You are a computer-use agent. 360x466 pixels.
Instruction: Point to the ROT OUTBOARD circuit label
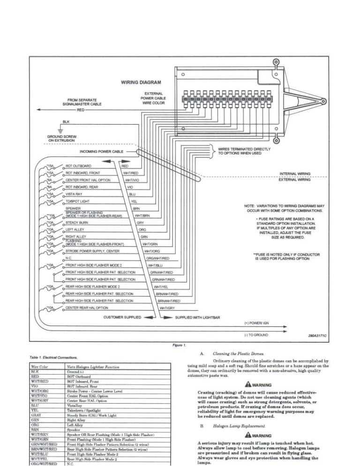coord(78,166)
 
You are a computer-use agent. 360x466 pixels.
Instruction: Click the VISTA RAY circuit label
coord(75,194)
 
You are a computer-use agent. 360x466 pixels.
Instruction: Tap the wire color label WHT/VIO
coord(132,180)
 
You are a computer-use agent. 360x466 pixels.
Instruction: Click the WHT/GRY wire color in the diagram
coord(167,308)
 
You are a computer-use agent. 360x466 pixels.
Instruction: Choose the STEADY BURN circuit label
coord(77,223)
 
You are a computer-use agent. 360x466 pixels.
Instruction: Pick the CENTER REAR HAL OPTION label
coord(87,308)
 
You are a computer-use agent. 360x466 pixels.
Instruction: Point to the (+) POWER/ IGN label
coord(256,323)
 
